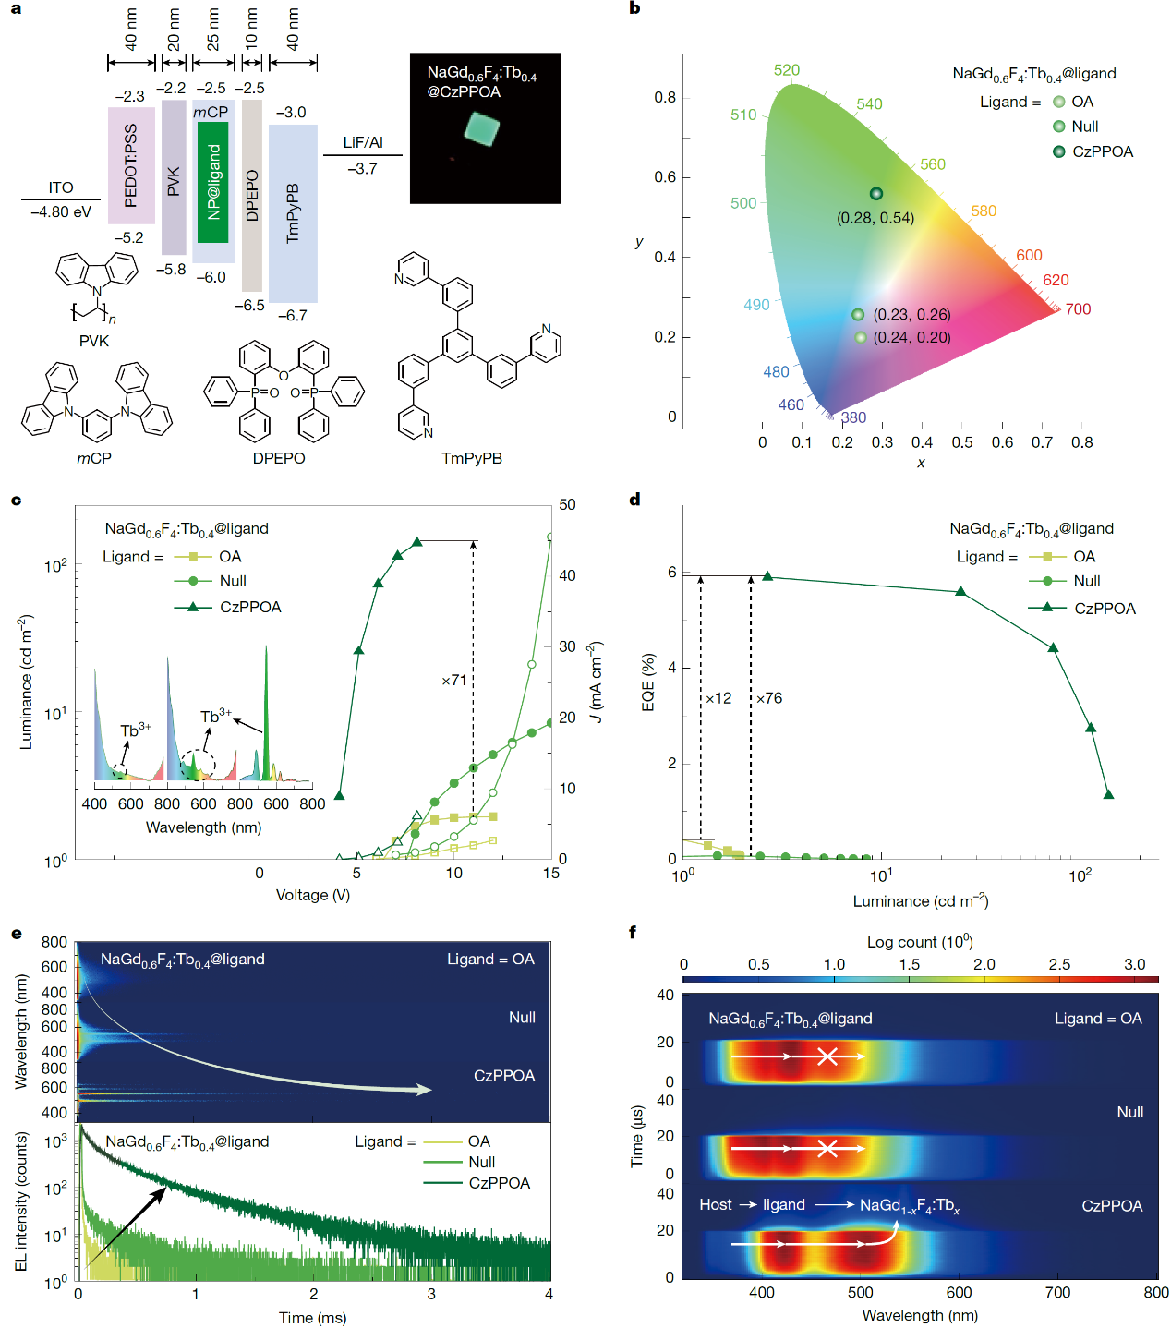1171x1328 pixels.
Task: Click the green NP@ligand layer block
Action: [x=212, y=182]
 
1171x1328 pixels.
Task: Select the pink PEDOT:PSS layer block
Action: [x=131, y=166]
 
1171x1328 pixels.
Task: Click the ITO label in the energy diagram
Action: [x=61, y=187]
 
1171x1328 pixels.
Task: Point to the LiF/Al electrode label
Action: [x=363, y=142]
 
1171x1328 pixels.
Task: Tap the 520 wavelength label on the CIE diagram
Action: [x=787, y=70]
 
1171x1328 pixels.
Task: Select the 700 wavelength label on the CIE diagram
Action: [x=1078, y=309]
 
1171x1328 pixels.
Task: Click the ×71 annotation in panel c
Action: [x=453, y=681]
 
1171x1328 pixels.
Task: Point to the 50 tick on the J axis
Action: [x=567, y=504]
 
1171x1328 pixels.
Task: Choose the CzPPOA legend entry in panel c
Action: [x=250, y=607]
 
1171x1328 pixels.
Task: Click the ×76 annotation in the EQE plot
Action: [x=769, y=698]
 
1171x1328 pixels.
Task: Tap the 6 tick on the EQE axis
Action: [x=672, y=573]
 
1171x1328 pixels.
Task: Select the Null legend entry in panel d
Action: [x=1087, y=581]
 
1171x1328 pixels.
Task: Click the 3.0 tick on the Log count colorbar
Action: [x=1134, y=964]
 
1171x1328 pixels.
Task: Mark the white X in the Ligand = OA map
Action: [x=827, y=1056]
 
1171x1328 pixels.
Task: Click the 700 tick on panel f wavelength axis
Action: [x=1057, y=1293]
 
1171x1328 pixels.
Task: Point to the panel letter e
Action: [x=17, y=933]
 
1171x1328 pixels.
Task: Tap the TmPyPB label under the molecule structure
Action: [x=472, y=458]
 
